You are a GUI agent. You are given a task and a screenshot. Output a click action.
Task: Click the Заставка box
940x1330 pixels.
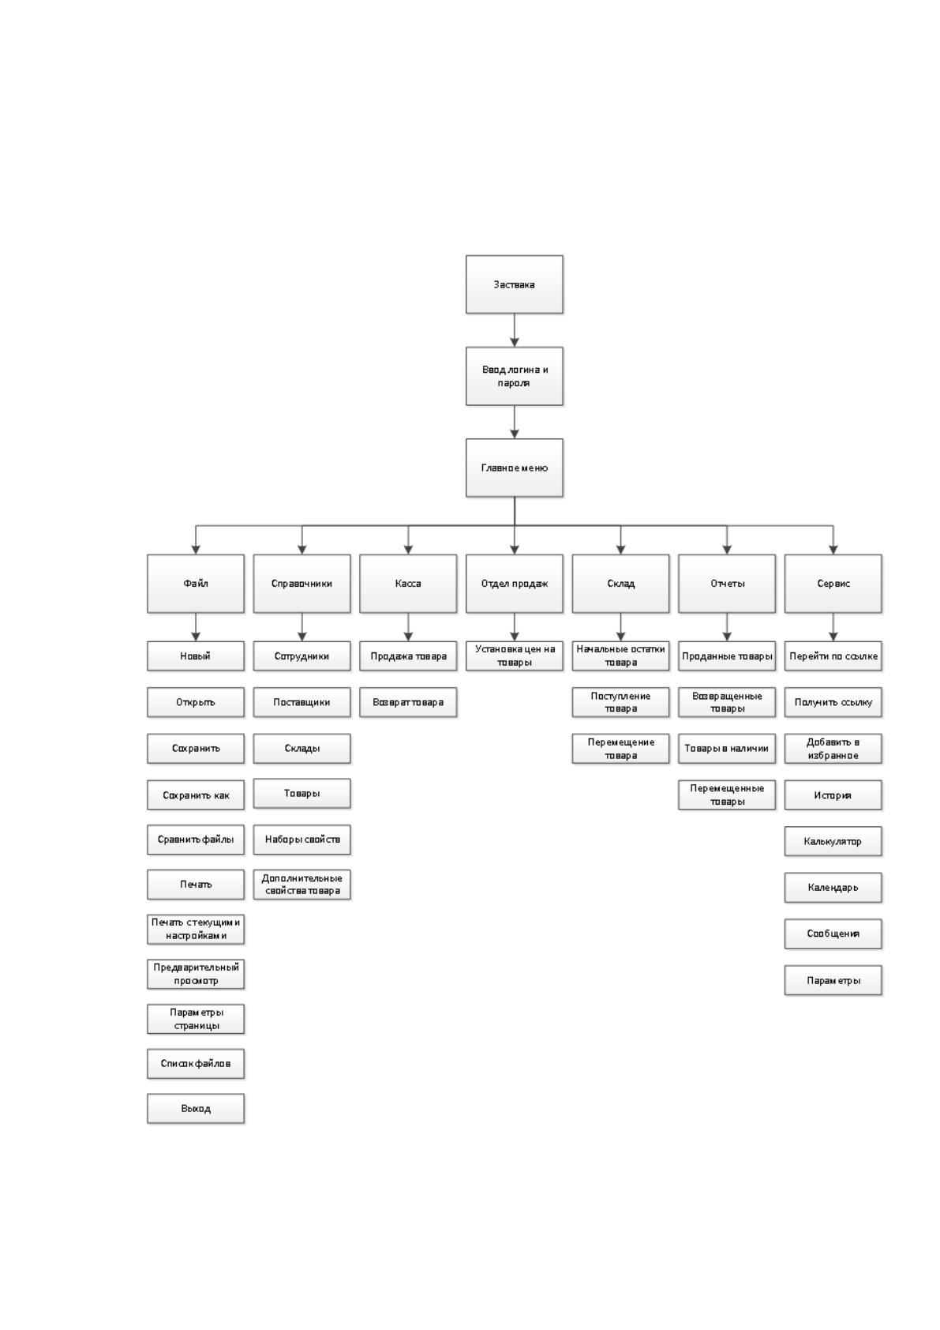coord(514,284)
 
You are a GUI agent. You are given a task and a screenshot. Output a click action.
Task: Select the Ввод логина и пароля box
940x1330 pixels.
coord(514,377)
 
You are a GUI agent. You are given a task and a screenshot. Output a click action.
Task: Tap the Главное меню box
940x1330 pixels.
coord(514,468)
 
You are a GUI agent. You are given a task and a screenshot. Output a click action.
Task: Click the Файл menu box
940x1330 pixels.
coord(195,584)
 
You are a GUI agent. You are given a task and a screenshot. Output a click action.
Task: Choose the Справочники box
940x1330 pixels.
coord(301,584)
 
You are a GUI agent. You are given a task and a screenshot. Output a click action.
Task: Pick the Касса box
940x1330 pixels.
coord(408,584)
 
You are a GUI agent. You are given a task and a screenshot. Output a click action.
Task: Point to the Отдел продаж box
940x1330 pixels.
coord(514,584)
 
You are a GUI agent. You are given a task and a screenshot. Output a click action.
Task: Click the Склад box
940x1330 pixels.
coord(620,584)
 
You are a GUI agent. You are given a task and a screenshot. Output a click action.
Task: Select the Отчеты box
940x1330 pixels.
coord(726,584)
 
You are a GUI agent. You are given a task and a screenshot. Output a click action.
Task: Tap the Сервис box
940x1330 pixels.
coord(833,584)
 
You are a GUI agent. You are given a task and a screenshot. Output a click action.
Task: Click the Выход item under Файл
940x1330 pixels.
coord(195,1109)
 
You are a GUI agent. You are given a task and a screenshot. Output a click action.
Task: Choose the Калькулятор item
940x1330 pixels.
coord(833,841)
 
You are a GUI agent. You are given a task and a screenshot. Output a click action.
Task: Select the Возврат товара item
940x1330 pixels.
coord(408,702)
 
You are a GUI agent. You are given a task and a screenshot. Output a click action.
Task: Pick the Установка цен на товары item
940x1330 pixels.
coord(514,656)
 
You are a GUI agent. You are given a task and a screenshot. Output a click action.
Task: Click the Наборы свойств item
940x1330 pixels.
coord(301,840)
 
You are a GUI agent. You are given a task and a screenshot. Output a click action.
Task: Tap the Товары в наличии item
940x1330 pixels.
coord(726,749)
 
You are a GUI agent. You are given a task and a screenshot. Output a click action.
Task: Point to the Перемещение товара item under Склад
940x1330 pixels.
coord(620,749)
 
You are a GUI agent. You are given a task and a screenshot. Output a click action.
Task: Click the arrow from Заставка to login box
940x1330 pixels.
coord(514,330)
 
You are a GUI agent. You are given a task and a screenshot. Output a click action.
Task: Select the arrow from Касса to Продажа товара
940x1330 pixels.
coord(408,627)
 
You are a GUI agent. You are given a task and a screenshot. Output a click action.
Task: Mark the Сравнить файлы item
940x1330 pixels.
coord(195,840)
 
